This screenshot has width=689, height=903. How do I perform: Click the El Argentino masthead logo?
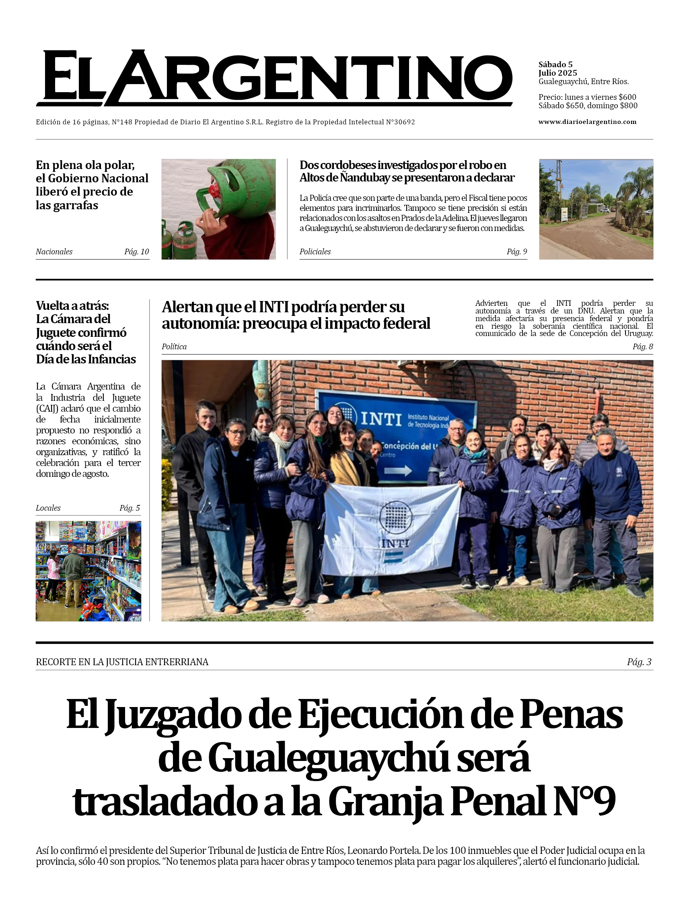point(275,78)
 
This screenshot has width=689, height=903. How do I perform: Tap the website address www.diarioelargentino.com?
point(587,122)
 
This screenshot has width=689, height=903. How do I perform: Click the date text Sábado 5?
point(555,64)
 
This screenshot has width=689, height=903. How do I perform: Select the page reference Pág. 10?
point(137,252)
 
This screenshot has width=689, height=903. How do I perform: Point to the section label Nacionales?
point(54,252)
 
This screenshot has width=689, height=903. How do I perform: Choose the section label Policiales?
point(315,252)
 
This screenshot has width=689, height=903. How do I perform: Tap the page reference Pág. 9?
point(517,252)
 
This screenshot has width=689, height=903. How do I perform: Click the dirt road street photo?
point(596,209)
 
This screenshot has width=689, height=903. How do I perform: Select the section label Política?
point(174,347)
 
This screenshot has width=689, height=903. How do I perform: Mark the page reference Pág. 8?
point(643,347)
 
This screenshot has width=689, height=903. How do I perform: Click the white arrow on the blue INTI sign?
point(398,470)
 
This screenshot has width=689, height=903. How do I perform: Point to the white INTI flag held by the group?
point(392,529)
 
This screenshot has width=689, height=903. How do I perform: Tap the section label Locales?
point(48,508)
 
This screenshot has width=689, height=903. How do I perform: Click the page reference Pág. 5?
point(130,508)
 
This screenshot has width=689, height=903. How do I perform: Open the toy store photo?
point(88,571)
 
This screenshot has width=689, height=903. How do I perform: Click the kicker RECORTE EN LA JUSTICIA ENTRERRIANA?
point(122,662)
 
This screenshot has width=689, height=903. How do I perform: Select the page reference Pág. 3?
point(639,662)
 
